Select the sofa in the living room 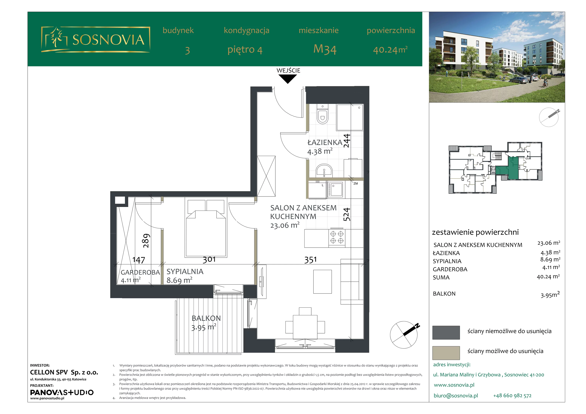tap(352, 282)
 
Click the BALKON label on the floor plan tap(206, 318)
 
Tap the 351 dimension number tap(311, 260)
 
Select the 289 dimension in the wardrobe tap(146, 241)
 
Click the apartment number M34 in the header tap(325, 49)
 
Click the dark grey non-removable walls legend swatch tap(446, 333)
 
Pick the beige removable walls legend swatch tap(446, 353)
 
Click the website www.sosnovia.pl tap(454, 385)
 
